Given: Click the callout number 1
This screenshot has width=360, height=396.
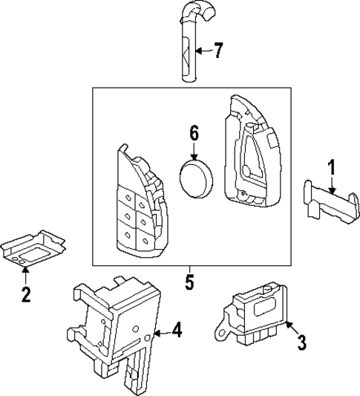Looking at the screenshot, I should pos(333,168).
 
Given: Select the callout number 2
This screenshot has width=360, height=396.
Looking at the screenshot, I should pos(26,295).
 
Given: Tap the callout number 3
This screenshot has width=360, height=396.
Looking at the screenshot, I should pos(301,343).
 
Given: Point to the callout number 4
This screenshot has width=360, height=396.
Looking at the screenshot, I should pos(176,329).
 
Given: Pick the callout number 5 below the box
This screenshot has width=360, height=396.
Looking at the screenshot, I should pos(189,283).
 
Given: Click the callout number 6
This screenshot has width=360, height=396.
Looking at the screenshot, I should pos(194,134).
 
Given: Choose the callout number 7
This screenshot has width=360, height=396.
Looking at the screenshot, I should pos(217,51).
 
